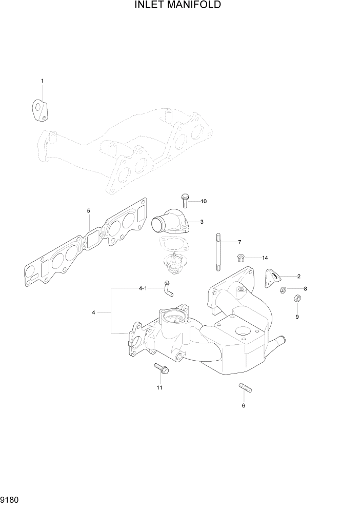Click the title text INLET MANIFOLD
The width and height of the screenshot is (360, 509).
click(178, 6)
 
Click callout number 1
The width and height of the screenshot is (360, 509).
click(42, 81)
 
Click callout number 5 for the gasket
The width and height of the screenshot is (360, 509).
click(88, 210)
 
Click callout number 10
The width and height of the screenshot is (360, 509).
click(203, 201)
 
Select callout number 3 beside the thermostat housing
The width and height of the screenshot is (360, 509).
click(202, 222)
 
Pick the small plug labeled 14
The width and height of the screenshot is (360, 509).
click(239, 257)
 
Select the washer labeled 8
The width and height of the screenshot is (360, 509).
click(283, 291)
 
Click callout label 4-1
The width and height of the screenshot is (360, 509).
click(143, 288)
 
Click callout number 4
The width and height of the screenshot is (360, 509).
click(93, 311)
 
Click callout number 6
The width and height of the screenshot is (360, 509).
click(243, 405)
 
